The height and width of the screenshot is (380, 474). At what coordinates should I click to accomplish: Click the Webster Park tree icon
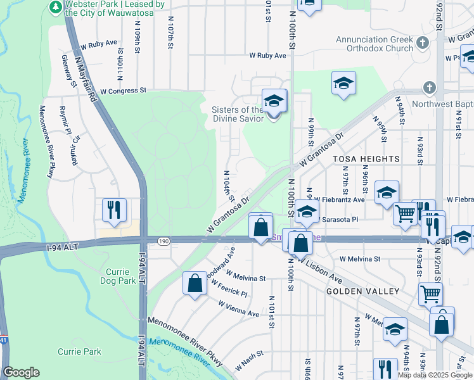click(x=56, y=7)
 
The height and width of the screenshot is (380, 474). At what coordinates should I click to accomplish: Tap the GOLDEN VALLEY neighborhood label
click(x=362, y=291)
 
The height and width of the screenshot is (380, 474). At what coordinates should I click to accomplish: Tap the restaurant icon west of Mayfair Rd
click(x=114, y=210)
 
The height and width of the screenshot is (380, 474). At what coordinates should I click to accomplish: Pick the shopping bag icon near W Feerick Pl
click(x=195, y=284)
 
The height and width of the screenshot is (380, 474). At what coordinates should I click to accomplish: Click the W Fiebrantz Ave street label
click(x=339, y=199)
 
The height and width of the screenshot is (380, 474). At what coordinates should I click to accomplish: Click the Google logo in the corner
click(x=21, y=372)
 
